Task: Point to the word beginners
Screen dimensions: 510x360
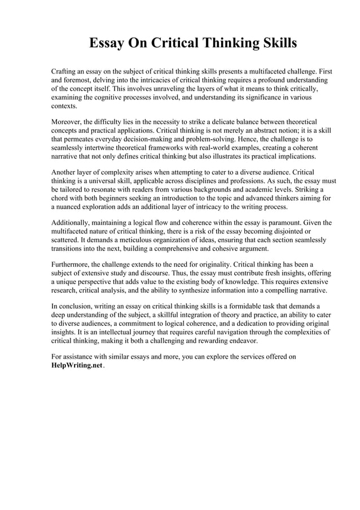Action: pyautogui.click(x=117, y=198)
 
